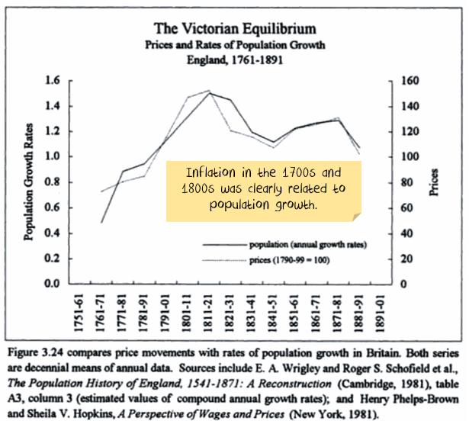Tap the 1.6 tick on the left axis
point(52,80)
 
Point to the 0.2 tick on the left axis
point(52,259)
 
